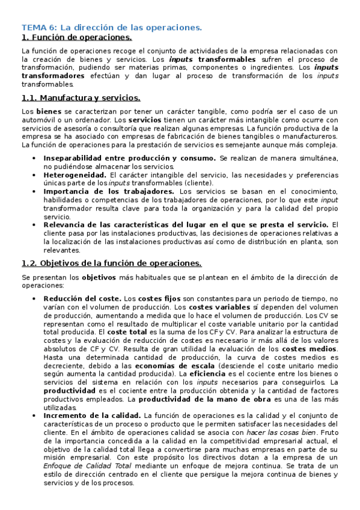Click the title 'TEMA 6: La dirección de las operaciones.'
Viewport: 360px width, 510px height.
point(112,28)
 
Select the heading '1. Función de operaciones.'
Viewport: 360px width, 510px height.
point(76,37)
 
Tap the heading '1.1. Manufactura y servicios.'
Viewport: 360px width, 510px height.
point(81,97)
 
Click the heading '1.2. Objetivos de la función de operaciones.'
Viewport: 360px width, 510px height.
point(111,263)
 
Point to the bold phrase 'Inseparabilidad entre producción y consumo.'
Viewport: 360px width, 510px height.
point(130,158)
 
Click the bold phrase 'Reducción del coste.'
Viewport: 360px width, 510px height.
point(82,298)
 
